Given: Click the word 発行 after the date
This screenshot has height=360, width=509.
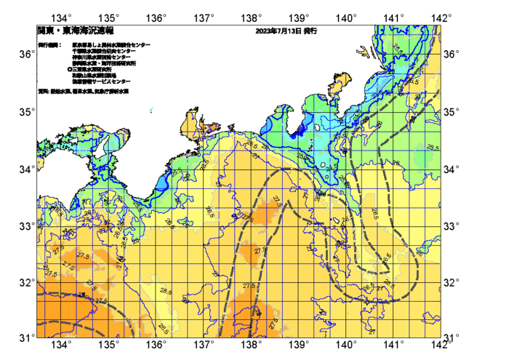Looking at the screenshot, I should tap(310, 32).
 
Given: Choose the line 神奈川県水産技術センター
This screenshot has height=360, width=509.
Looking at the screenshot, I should tap(102, 57).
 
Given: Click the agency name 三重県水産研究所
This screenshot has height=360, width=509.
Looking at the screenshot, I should tap(95, 69).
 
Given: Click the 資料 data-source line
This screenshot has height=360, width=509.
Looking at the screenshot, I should tap(83, 92).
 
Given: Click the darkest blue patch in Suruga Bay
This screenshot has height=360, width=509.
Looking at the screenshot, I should tap(299, 129).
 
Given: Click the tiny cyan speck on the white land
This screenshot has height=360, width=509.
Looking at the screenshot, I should tap(151, 110).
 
